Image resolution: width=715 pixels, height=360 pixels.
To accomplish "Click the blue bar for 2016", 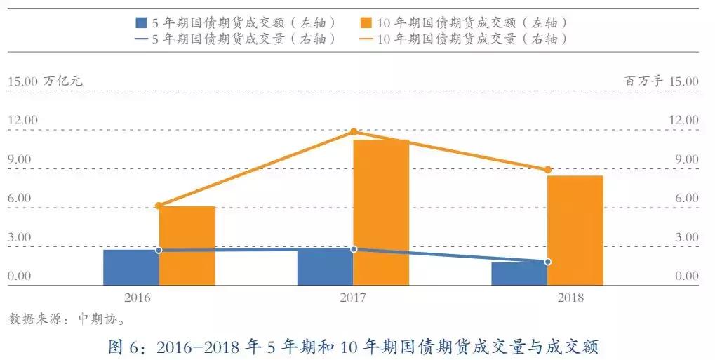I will [x=131, y=267].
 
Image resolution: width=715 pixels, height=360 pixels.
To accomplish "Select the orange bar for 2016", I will [x=187, y=246].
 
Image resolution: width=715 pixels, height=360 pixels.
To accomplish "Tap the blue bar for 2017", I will [x=325, y=267].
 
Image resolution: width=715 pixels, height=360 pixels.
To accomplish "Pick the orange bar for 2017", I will [x=381, y=213].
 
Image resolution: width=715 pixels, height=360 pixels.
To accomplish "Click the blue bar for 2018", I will [x=519, y=274].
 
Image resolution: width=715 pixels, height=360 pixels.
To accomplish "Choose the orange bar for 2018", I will [x=575, y=230].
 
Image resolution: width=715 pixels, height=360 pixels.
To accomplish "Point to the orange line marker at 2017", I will [x=354, y=132].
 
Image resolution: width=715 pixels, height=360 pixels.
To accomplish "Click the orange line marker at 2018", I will [x=548, y=170].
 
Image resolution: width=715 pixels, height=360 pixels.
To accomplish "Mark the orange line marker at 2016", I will [x=159, y=206].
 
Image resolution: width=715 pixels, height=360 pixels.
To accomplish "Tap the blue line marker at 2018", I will [x=548, y=262].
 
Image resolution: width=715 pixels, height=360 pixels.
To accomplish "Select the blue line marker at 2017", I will [x=354, y=249].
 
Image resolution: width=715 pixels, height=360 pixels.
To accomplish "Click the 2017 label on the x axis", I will [x=353, y=298].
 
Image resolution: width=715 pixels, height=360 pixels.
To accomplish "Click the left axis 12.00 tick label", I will [x=22, y=120].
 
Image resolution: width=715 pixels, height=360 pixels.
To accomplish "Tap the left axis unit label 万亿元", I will [x=62, y=81].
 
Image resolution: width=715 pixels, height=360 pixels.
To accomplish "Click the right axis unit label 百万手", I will [x=643, y=81].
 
